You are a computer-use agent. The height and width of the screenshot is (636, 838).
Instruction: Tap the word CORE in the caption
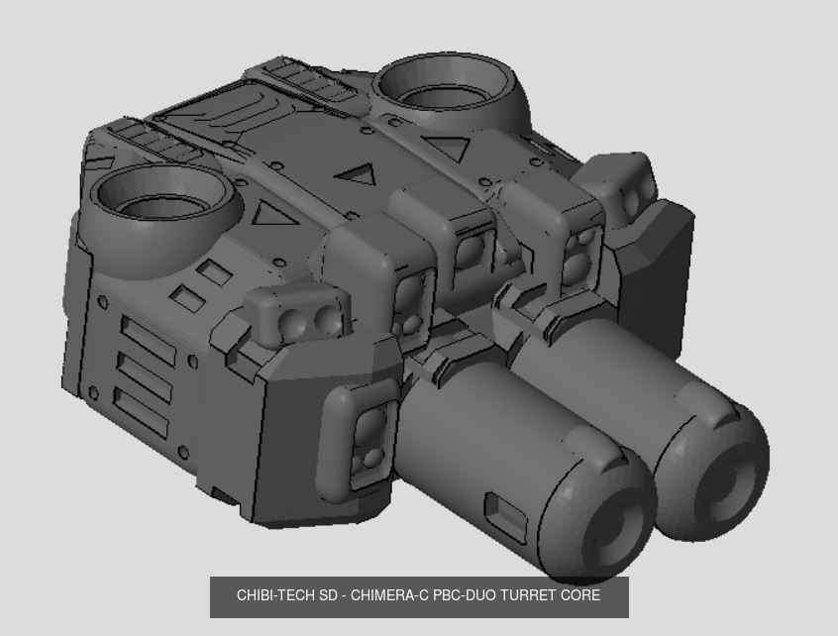580,596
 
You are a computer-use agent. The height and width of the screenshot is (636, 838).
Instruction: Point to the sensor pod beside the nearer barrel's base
368,436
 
